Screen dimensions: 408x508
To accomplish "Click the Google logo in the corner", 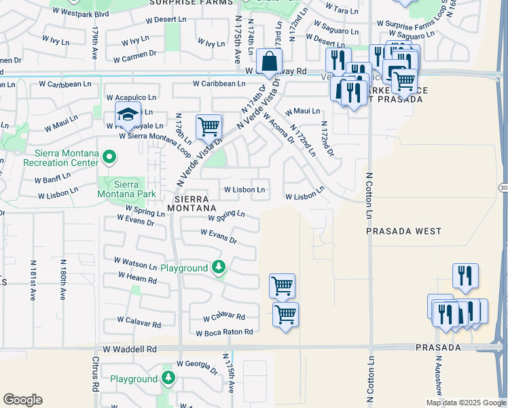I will pyautogui.click(x=22, y=400).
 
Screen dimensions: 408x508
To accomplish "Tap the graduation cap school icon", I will pyautogui.click(x=126, y=116).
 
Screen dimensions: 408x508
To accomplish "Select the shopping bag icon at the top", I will pyautogui.click(x=270, y=61).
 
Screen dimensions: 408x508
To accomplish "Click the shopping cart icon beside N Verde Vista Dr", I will pyautogui.click(x=208, y=126).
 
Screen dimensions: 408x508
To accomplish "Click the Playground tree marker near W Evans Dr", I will pyautogui.click(x=218, y=267).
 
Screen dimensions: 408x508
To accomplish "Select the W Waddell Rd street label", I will pyautogui.click(x=130, y=349).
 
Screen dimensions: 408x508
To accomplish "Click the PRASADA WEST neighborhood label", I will pyautogui.click(x=404, y=231).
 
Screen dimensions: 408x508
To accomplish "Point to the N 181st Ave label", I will pyautogui.click(x=33, y=279).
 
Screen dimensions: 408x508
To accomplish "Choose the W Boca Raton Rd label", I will pyautogui.click(x=225, y=333).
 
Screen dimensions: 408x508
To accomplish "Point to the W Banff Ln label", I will pyautogui.click(x=52, y=180).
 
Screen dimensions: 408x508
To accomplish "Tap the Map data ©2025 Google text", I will pyautogui.click(x=465, y=403).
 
